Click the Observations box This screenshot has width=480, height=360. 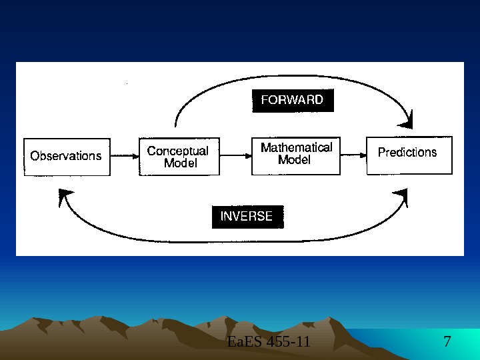tap(67, 156)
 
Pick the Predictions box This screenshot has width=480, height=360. tap(409, 155)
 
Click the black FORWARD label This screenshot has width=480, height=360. tap(292, 101)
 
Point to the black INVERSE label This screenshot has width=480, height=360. tap(247, 217)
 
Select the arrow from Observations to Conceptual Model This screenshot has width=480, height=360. tap(124, 156)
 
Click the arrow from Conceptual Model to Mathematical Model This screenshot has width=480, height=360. tap(235, 156)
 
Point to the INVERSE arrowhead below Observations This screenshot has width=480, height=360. tap(65, 196)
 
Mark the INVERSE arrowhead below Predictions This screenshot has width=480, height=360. tap(401, 197)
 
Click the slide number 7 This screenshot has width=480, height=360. tap(447, 343)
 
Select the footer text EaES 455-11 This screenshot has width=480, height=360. tap(269, 343)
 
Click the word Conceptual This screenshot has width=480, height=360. tap(177, 151)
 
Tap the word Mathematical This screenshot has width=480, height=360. tap(296, 147)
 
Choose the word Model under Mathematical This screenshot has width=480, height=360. tap(294, 160)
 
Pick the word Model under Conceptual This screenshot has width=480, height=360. tap(180, 163)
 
